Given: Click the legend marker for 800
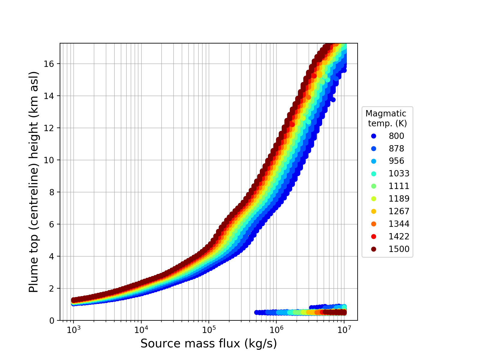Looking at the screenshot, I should click(x=373, y=136).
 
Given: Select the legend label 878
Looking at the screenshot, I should click(x=396, y=148).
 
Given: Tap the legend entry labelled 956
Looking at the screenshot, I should click(x=396, y=161).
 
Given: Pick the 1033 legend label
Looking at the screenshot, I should click(x=399, y=174).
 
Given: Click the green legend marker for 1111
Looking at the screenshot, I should click(x=373, y=186).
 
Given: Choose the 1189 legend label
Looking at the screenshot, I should click(x=399, y=199).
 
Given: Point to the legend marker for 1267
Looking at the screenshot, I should click(x=373, y=211).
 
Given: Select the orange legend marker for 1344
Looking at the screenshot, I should click(x=373, y=224).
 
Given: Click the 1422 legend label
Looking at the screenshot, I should click(x=399, y=236).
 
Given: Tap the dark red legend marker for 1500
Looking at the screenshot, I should click(x=373, y=249).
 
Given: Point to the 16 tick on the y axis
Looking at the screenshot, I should click(x=51, y=64).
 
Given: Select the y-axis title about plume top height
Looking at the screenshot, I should click(x=34, y=182).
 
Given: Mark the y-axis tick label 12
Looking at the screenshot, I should click(x=51, y=128).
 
